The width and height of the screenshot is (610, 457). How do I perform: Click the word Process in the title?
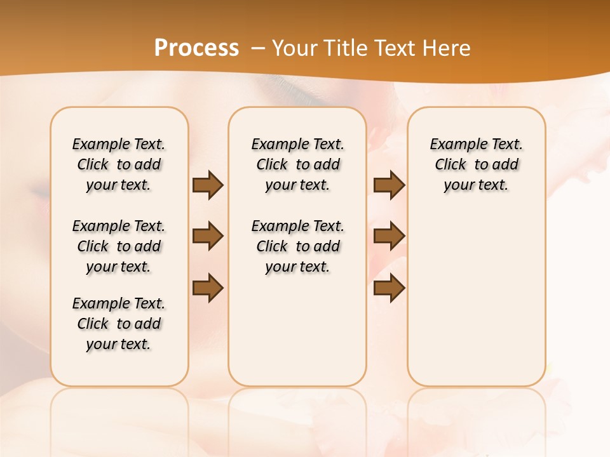pyautogui.click(x=196, y=48)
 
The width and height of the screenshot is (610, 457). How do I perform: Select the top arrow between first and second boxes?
pyautogui.click(x=208, y=185)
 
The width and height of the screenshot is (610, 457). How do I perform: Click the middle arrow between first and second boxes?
pyautogui.click(x=208, y=236)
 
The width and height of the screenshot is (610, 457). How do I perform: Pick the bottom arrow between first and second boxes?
pyautogui.click(x=208, y=288)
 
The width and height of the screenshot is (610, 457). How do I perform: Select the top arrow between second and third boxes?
pyautogui.click(x=389, y=185)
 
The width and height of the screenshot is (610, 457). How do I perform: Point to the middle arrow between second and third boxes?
pyautogui.click(x=389, y=236)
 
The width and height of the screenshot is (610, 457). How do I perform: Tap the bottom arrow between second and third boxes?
pyautogui.click(x=389, y=288)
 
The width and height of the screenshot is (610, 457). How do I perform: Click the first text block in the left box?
pyautogui.click(x=119, y=164)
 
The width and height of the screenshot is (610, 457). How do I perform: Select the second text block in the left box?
pyautogui.click(x=119, y=246)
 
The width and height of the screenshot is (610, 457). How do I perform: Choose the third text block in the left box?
pyautogui.click(x=119, y=324)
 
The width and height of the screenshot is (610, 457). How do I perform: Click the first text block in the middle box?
pyautogui.click(x=297, y=164)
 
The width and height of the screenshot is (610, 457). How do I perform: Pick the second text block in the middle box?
pyautogui.click(x=297, y=246)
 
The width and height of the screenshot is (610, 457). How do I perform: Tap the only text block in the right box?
pyautogui.click(x=476, y=164)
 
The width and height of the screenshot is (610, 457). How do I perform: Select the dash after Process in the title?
pyautogui.click(x=258, y=48)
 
